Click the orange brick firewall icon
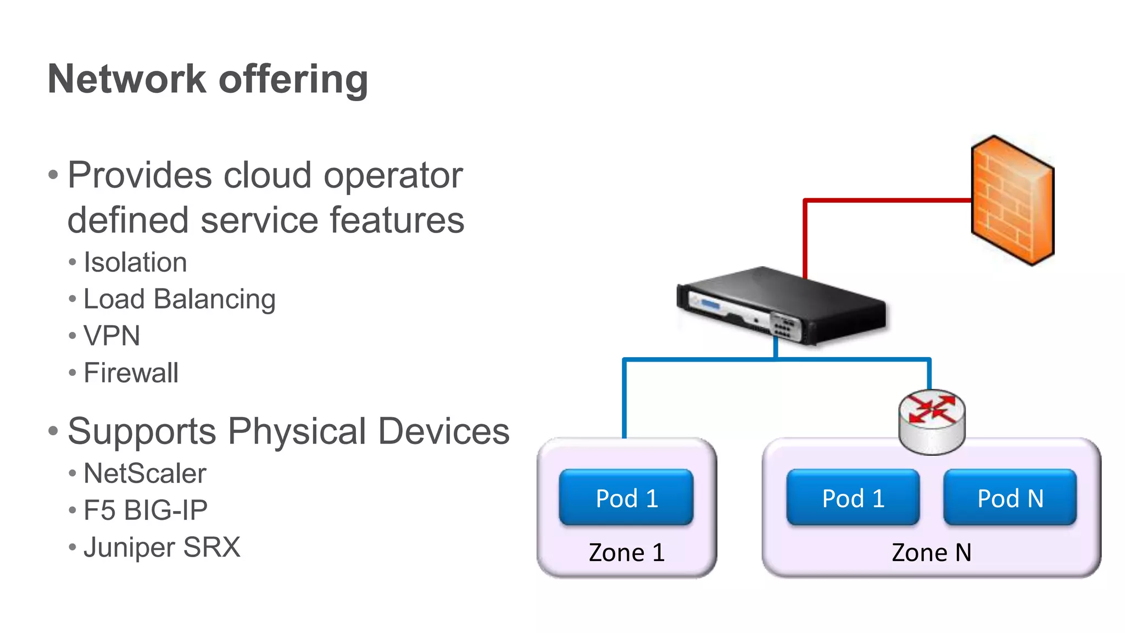tap(1012, 201)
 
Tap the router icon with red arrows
tap(932, 421)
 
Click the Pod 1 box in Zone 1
tap(626, 498)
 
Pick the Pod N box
tap(1010, 498)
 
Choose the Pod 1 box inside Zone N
tap(853, 498)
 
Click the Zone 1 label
tap(626, 552)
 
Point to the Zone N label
tap(931, 552)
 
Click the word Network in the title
tap(126, 79)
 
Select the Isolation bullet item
tap(135, 262)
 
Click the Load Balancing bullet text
tap(179, 299)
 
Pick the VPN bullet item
tap(112, 336)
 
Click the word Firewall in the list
tap(131, 373)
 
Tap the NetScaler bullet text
tap(144, 473)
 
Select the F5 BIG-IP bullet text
tap(145, 510)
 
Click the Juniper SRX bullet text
tap(161, 547)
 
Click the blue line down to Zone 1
tap(625, 401)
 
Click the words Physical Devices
tap(368, 431)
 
